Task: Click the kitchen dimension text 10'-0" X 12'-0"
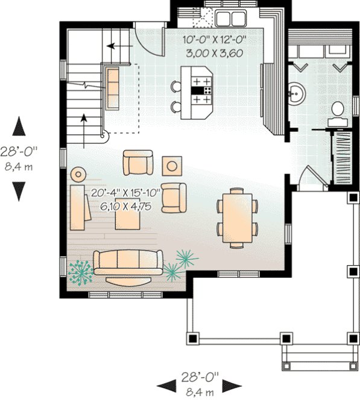coord(215,41)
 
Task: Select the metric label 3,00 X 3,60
coord(215,52)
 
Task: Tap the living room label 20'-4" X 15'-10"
coord(125,193)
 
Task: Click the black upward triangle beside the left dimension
coord(19,128)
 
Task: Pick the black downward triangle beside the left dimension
coord(19,192)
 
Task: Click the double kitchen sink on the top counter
coord(229,17)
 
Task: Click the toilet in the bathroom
coord(338,111)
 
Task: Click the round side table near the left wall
coord(78,175)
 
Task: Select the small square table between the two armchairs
coord(173,164)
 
